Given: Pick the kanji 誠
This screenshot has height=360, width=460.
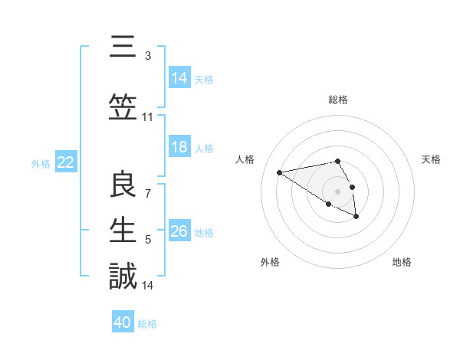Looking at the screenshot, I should (123, 276).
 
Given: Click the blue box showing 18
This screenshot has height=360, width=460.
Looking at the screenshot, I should (179, 148).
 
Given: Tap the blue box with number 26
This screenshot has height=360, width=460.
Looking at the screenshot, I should (179, 232).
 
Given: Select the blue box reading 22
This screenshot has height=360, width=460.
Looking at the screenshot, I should (66, 162).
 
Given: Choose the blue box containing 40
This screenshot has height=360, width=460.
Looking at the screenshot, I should (123, 322).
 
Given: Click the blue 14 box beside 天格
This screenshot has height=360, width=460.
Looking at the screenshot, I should (179, 78).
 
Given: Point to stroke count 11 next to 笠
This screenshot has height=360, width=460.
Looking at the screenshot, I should (148, 117).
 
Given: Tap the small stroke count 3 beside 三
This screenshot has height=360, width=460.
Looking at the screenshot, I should (148, 56).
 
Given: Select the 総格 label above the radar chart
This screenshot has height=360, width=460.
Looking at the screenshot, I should (337, 100).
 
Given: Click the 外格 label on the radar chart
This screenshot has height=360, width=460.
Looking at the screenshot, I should (270, 263).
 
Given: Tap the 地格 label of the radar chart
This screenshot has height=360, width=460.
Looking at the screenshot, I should (402, 263).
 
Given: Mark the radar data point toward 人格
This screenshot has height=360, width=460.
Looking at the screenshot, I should (279, 172).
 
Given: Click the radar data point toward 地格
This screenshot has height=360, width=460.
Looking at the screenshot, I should (356, 217).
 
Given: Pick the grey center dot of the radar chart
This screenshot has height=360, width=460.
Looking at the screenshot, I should (337, 191).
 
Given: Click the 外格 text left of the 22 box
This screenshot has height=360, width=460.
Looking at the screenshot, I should (41, 163).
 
